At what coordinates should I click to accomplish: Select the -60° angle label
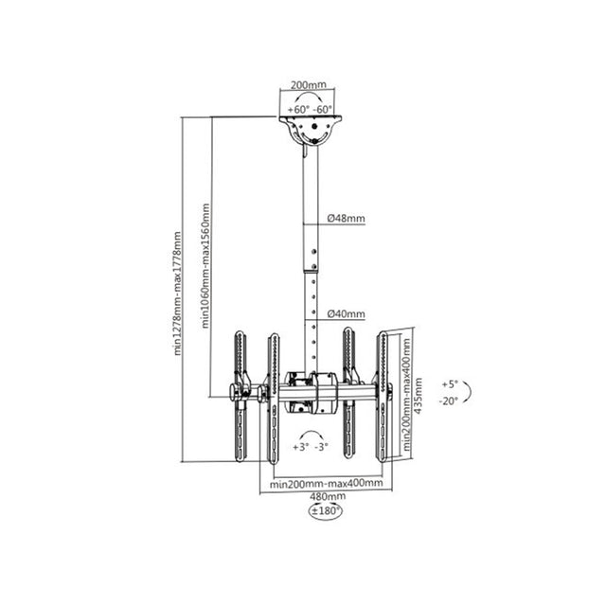[x=324, y=110]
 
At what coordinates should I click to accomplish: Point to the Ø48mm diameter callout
[x=347, y=218]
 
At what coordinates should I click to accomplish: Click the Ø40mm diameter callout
[x=347, y=313]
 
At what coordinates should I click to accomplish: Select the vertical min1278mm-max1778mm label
[x=177, y=293]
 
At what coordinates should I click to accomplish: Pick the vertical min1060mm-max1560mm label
[x=205, y=266]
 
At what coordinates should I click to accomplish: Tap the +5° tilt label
[x=449, y=384]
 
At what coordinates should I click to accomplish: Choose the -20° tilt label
[x=449, y=401]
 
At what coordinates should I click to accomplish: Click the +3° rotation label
[x=301, y=445]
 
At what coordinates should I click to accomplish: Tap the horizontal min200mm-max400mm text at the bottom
[x=326, y=484]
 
